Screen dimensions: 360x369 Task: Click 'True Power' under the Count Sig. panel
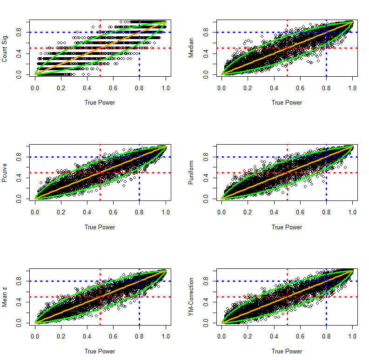[x=100, y=103]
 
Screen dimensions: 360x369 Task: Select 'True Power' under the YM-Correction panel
[x=287, y=351]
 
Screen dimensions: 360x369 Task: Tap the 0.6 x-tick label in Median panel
[x=300, y=87]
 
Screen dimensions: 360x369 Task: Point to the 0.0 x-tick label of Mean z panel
[x=35, y=336]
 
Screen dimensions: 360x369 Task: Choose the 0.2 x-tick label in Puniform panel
[x=248, y=212]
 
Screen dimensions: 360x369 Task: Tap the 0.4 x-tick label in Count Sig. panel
[x=87, y=87]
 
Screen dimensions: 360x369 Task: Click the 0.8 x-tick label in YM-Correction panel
[x=326, y=336]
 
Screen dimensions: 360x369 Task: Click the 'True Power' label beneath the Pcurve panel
[x=100, y=227]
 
